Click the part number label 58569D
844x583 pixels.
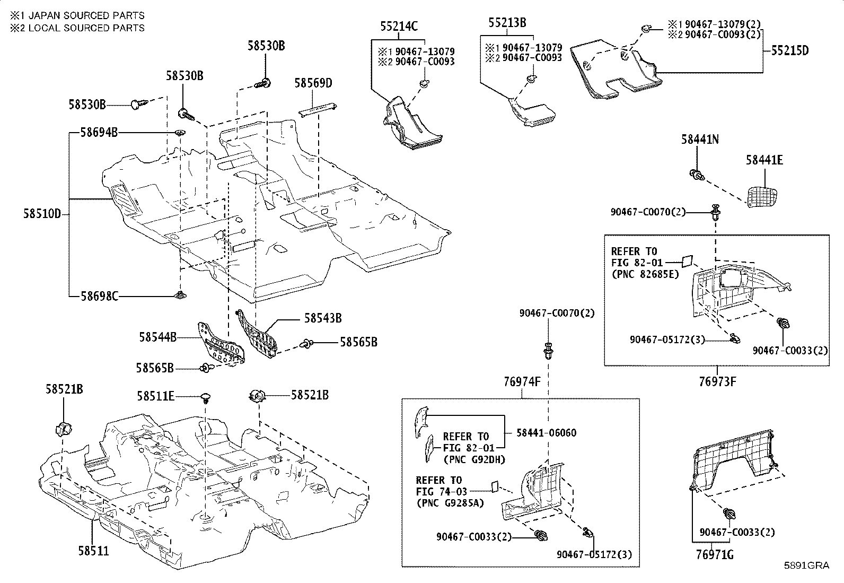pyautogui.click(x=313, y=83)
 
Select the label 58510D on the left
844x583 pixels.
pyautogui.click(x=42, y=214)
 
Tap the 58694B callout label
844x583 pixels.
pyautogui.click(x=99, y=133)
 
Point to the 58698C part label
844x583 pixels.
pyautogui.click(x=100, y=297)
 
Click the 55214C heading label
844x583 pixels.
pyautogui.click(x=399, y=26)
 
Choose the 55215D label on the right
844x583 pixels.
pyautogui.click(x=790, y=50)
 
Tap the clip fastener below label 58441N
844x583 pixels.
pyautogui.click(x=697, y=175)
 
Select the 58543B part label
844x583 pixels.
pyautogui.click(x=323, y=318)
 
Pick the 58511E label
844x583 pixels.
pyautogui.click(x=156, y=396)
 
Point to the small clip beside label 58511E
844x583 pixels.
pyautogui.click(x=205, y=398)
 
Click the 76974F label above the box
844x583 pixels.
pyautogui.click(x=522, y=382)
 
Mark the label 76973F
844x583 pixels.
pyautogui.click(x=717, y=381)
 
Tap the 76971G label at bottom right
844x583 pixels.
pyautogui.click(x=715, y=555)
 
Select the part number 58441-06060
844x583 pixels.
pyautogui.click(x=547, y=432)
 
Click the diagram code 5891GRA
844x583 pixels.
pyautogui.click(x=807, y=565)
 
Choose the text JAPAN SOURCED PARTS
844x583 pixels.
pyautogui.click(x=86, y=15)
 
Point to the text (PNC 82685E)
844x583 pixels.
pyautogui.click(x=645, y=275)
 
